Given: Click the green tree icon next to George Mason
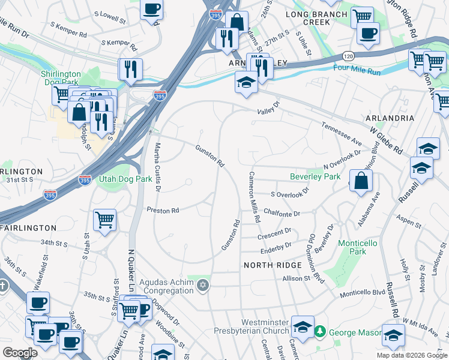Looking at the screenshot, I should coord(321,331).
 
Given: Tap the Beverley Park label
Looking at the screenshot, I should coord(315,176).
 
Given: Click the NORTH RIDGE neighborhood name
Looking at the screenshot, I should coord(269,265).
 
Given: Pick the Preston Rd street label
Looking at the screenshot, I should coord(163,211).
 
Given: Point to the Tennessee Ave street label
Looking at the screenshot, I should coord(342,135).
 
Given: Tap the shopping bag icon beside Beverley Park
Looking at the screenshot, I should coord(361,181).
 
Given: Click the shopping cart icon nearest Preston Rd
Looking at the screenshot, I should coord(105,220).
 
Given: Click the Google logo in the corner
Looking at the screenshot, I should coord(20,352).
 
